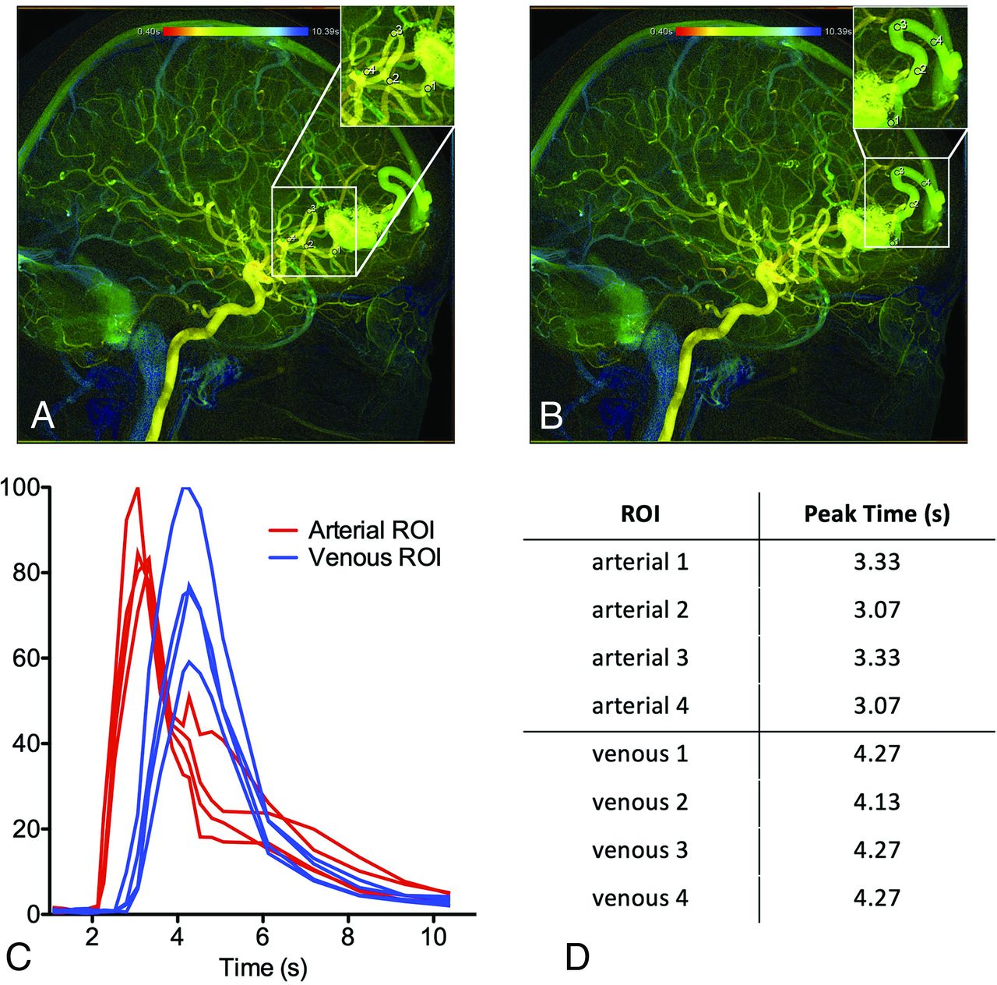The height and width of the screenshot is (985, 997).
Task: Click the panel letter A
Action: point(43,416)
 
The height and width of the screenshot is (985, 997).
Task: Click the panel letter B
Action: point(551,416)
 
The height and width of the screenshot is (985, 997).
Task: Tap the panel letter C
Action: point(19,956)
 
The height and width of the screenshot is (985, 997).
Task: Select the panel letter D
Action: point(577,956)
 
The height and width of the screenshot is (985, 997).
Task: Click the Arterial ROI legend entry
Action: point(371,530)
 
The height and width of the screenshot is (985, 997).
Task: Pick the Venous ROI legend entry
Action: point(374,557)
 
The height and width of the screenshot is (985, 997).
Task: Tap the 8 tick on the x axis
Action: point(348,937)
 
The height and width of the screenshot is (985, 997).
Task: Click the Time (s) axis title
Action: point(263,967)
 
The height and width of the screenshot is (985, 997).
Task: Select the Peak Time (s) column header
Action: point(876,514)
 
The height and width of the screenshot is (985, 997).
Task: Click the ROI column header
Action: point(640,514)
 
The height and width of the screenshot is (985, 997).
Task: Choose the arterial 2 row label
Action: point(640,609)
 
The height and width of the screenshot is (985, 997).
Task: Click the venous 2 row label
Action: point(640,802)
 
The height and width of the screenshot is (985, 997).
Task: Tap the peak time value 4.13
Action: point(876,802)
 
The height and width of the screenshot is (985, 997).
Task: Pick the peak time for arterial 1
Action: point(876,561)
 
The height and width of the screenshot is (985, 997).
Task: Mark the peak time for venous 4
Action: point(876,898)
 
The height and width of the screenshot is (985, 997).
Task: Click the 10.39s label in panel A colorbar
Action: point(324,32)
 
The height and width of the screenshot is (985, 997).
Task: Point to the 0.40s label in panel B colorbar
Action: point(661,32)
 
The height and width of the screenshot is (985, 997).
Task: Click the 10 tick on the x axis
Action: point(434,937)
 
